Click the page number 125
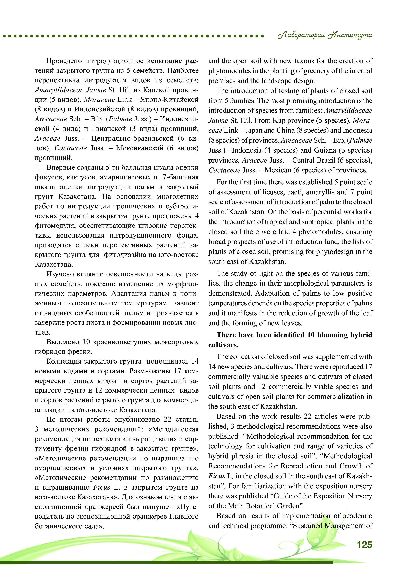click(x=364, y=545)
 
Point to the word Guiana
click(x=325, y=150)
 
